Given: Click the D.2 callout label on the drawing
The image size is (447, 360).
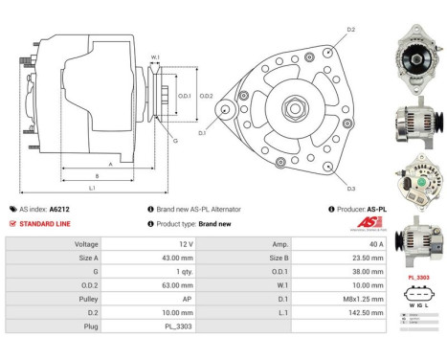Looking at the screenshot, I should tap(350, 30).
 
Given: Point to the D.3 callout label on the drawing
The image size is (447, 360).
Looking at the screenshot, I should tap(350, 189).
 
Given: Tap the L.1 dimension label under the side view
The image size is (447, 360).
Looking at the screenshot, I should tap(92, 188).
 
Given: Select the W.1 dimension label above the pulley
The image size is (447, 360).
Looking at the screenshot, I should tap(155, 58).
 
